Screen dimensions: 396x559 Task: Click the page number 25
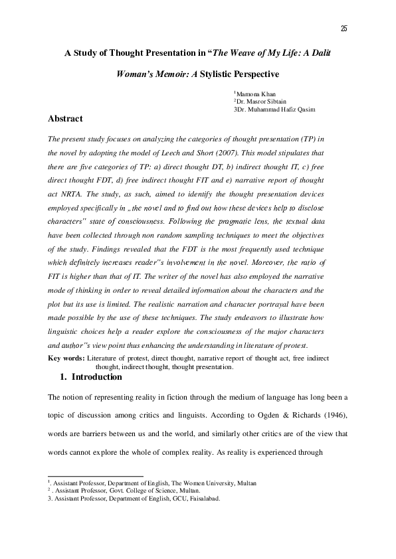coord(344,28)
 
